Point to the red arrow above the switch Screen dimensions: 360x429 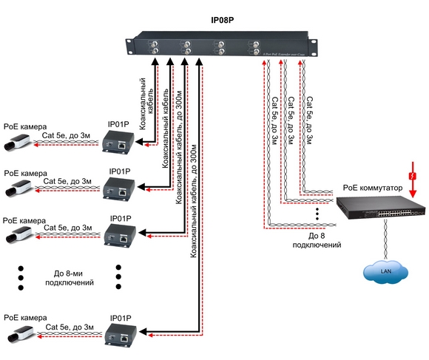click(412, 190)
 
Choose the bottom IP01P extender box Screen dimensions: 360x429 click(119, 336)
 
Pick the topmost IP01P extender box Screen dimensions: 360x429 click(119, 140)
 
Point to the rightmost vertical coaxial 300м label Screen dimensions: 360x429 click(194, 200)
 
